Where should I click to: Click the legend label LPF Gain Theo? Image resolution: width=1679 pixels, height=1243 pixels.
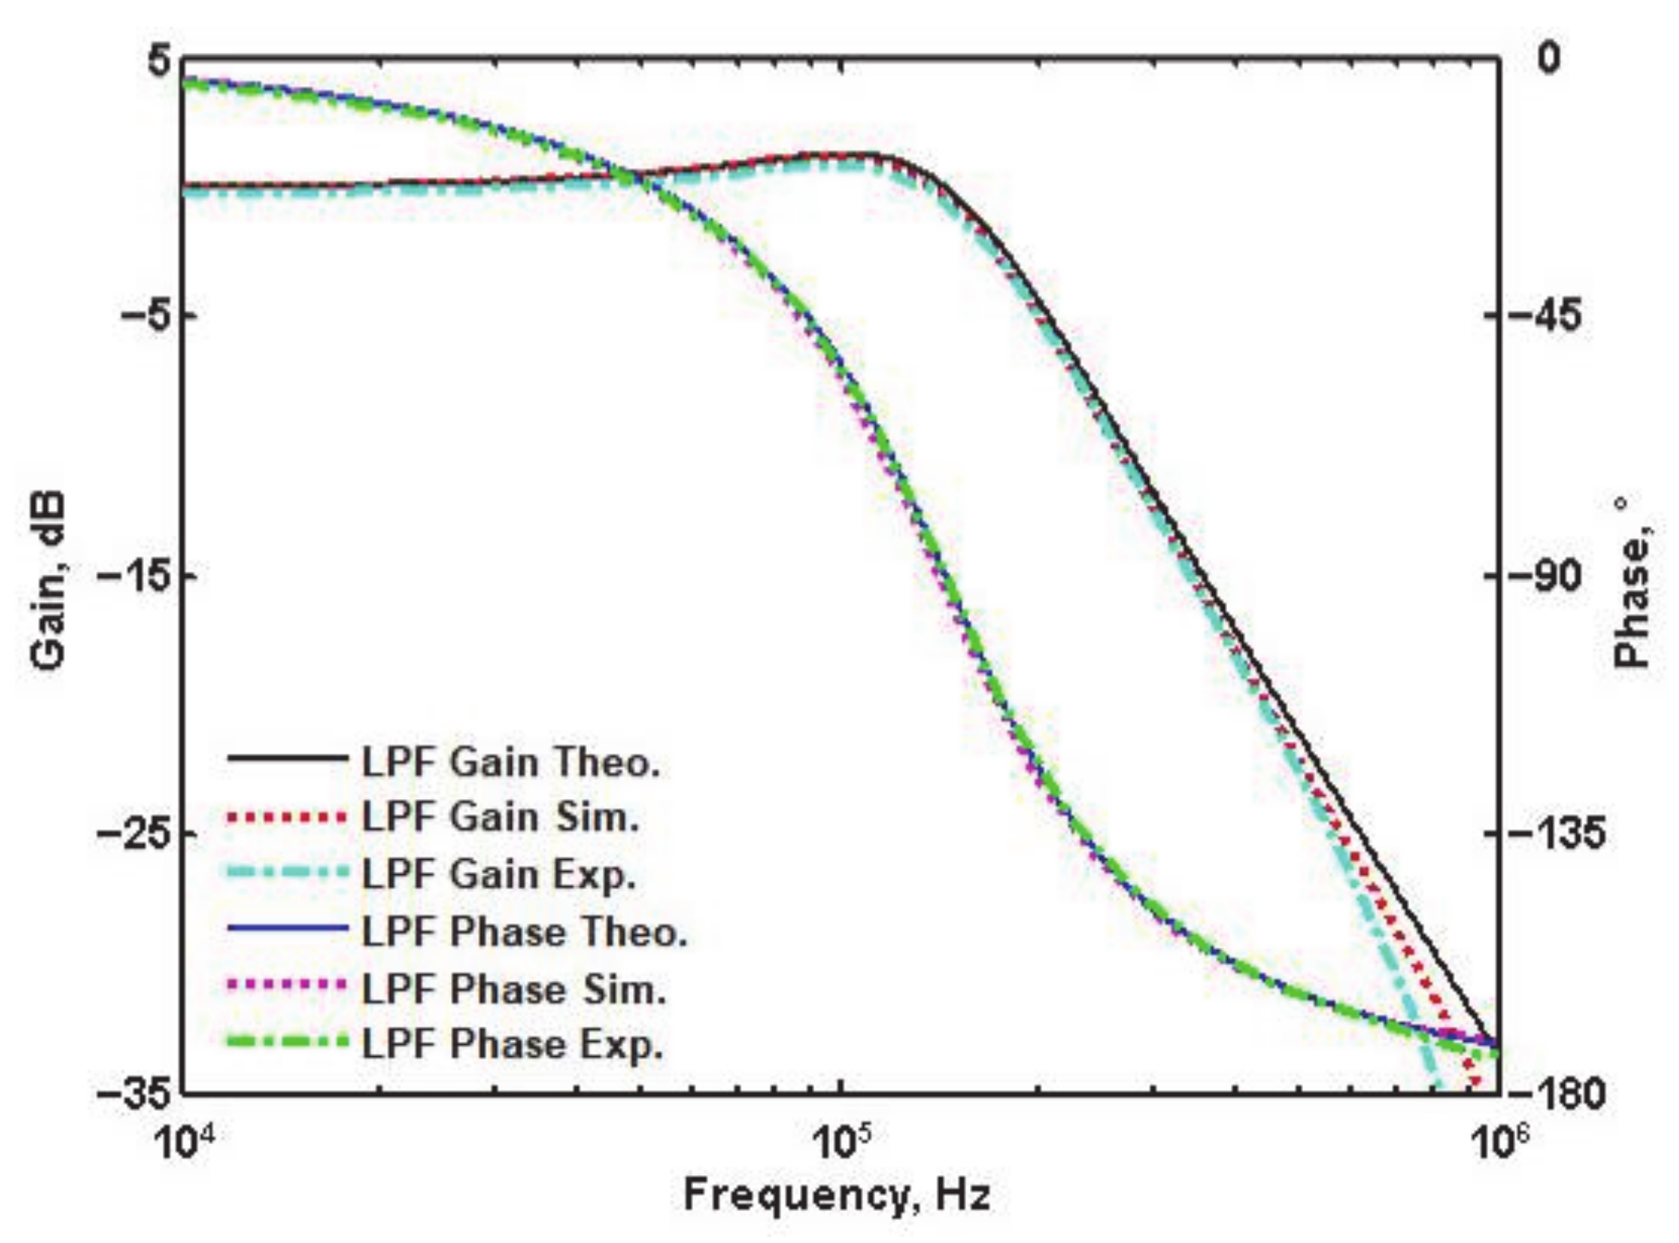[x=510, y=762]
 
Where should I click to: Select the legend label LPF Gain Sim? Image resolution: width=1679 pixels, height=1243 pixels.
[x=500, y=817]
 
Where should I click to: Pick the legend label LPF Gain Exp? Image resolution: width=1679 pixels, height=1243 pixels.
[x=499, y=874]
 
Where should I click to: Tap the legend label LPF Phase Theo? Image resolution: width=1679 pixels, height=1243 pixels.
[x=525, y=932]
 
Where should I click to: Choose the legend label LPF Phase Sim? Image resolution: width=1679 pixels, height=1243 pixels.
[x=514, y=989]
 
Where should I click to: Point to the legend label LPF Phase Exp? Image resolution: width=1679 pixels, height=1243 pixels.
[x=513, y=1045]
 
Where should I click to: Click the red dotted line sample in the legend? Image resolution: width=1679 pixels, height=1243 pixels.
[x=287, y=817]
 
